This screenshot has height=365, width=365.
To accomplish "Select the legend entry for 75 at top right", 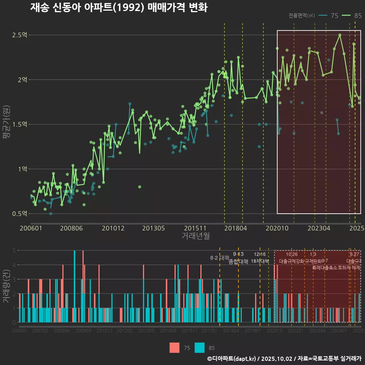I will pos(329,16).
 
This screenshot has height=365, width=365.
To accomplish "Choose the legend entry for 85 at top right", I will pos(352,16).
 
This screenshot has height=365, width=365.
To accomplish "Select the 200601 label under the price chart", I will pos(31,229).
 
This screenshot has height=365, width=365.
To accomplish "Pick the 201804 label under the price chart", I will pos(235,229).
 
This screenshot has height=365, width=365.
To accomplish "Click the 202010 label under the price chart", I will pos(278,229).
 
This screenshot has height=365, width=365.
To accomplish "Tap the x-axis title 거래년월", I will pos(195,236).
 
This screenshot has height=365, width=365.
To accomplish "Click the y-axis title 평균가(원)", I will pos(6,124).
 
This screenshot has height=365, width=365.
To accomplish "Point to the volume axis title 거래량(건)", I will pos(6,286).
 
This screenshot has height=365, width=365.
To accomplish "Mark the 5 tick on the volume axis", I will pos(14,251).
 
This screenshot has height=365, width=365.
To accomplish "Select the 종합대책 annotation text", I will pos(238,262).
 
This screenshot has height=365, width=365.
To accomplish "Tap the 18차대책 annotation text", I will pos(260,261).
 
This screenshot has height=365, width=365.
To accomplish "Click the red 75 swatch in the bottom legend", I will pos(175,348).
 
